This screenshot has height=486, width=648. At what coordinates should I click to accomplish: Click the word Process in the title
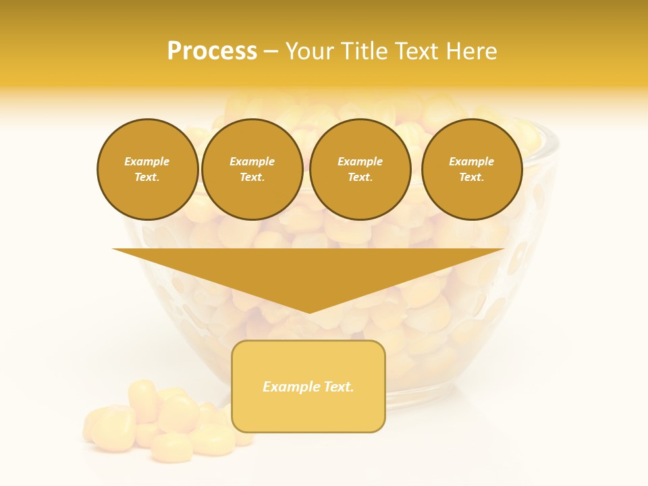(x=212, y=51)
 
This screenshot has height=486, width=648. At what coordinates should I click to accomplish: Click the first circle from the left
(x=147, y=169)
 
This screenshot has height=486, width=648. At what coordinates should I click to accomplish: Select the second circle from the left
(x=252, y=169)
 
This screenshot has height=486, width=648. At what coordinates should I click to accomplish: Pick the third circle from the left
(x=360, y=169)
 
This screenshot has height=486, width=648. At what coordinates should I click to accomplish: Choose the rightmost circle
(x=471, y=169)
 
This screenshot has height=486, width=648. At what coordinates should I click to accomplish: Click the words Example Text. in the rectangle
(x=308, y=387)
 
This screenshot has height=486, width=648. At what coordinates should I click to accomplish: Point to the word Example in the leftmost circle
(x=147, y=161)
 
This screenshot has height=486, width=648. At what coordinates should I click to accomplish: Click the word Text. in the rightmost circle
(x=471, y=178)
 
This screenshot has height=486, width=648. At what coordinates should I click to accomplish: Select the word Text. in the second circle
(x=252, y=178)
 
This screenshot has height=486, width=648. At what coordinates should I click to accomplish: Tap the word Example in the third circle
(x=360, y=161)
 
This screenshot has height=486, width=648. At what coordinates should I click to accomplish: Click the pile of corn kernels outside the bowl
(x=162, y=422)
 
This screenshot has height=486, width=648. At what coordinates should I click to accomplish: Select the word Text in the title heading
(x=414, y=51)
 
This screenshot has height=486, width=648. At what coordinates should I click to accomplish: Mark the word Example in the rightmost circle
(x=471, y=161)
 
